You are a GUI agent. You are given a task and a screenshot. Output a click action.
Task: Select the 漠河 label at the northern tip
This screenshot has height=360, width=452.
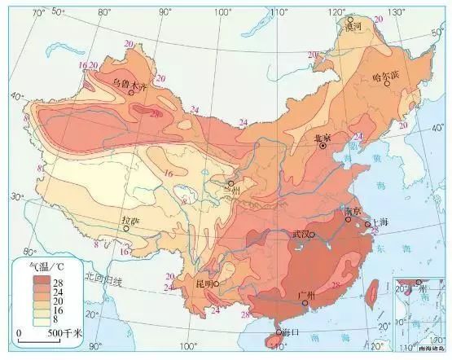tap(353, 28)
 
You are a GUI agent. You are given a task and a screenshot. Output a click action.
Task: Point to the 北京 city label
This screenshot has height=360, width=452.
tap(324, 138)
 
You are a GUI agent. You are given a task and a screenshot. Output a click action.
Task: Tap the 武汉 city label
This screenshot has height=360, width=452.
tap(301, 235)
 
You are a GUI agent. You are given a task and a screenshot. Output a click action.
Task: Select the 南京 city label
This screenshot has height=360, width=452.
tap(353, 211)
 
